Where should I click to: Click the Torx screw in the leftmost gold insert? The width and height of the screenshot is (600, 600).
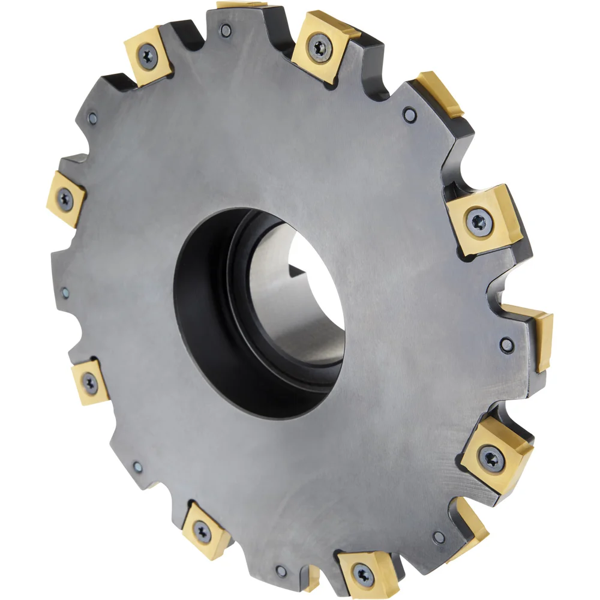64,199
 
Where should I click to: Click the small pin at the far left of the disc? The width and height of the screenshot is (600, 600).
65,293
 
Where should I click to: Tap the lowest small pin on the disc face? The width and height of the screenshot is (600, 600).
280,570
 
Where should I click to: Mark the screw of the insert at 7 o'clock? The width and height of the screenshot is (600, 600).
203,530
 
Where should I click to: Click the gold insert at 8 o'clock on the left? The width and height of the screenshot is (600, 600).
90,382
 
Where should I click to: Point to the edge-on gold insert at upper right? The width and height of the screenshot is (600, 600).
443,93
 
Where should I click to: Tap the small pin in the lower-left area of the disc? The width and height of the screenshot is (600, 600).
137,466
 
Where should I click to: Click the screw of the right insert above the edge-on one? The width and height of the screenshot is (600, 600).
478,220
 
